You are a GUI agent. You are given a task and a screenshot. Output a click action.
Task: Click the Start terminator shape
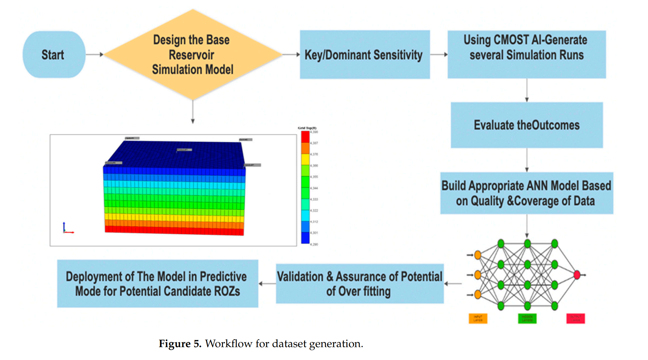54,54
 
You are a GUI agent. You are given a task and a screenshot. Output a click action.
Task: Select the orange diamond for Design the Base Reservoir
193,54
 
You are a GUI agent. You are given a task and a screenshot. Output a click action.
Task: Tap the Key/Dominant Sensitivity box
364,54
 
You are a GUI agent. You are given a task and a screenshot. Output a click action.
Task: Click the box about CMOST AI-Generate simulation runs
526,54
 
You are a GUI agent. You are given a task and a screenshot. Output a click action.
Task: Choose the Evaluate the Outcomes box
526,125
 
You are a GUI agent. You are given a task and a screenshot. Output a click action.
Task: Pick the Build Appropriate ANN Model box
526,193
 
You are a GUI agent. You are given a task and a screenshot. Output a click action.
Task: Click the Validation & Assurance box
360,283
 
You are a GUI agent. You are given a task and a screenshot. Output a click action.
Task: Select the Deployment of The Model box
157,283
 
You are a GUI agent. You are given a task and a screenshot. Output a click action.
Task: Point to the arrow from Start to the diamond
95,54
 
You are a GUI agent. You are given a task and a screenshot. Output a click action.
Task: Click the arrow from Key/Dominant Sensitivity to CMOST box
439,54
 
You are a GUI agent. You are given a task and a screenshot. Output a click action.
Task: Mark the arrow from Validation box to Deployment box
267,283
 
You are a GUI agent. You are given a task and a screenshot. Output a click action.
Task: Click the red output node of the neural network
577,275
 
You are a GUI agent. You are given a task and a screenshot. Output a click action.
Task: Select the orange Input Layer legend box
478,318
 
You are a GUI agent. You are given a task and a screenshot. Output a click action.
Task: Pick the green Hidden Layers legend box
527,318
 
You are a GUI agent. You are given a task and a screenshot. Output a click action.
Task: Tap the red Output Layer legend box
576,318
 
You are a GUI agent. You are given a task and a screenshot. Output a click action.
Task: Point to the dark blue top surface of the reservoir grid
175,154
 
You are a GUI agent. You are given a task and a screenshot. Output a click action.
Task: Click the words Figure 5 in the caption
180,344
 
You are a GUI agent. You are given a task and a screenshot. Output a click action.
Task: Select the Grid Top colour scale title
307,128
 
